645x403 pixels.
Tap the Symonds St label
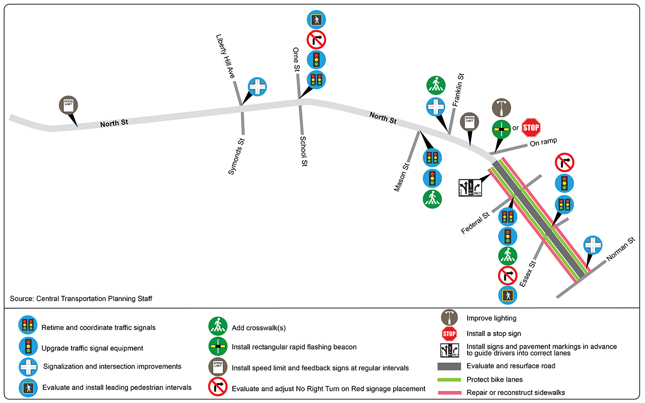[236, 156]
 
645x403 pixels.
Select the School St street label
[303, 152]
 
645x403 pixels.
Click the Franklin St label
[458, 90]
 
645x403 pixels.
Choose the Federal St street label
[475, 223]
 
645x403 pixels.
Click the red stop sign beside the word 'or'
[531, 127]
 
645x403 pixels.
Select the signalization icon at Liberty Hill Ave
[257, 87]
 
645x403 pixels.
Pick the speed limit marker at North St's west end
[68, 105]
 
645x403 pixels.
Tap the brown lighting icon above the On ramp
[501, 107]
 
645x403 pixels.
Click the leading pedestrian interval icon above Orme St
[316, 20]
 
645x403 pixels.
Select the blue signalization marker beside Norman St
[593, 246]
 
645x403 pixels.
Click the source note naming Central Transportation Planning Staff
[81, 299]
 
